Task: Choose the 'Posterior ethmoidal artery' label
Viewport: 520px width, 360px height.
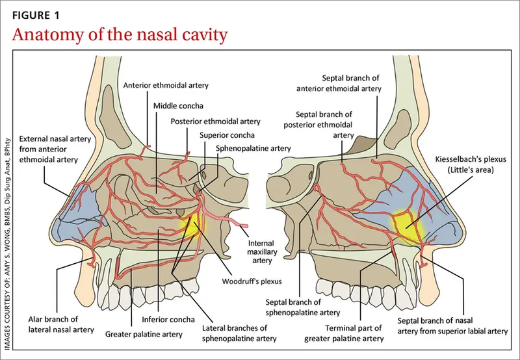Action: (215, 121)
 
